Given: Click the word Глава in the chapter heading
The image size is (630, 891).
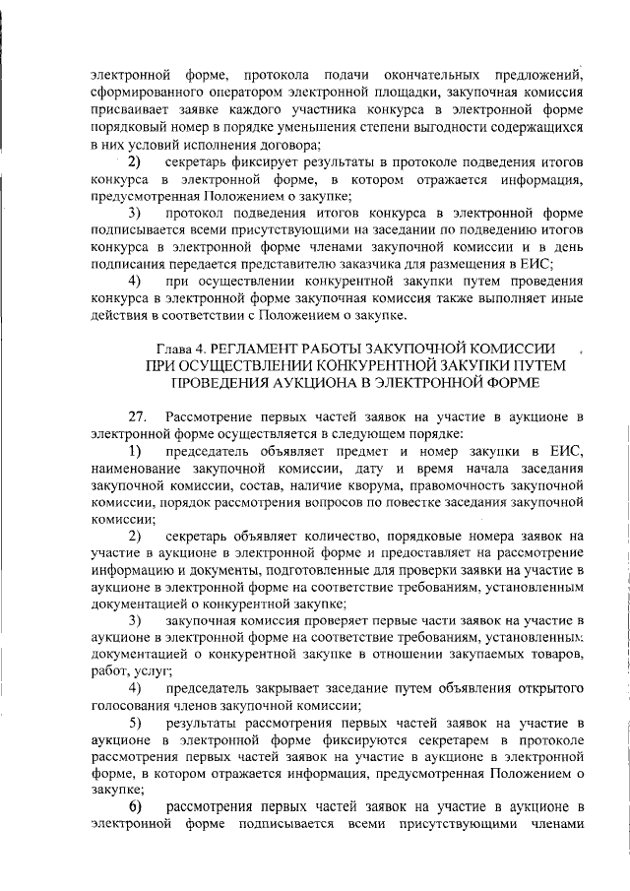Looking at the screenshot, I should [x=177, y=349].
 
